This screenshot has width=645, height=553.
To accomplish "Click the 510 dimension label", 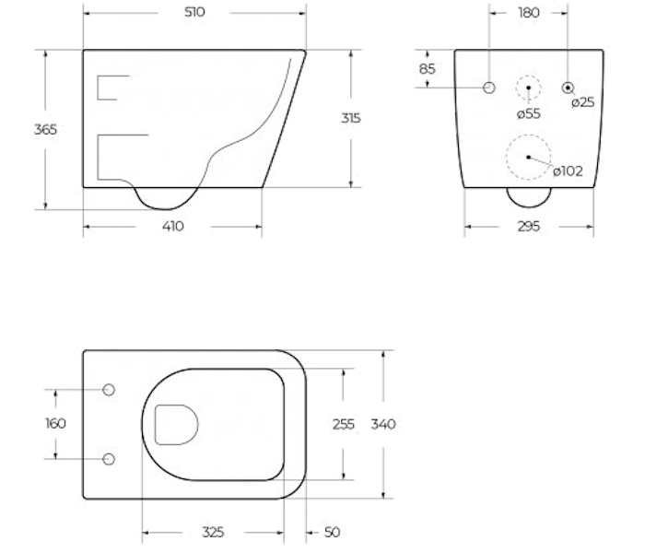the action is coord(194,12).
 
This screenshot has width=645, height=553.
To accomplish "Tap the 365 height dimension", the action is coord(45,130).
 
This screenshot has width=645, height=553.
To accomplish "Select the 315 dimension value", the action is coord(350,118).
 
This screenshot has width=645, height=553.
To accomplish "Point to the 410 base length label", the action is coord(173,227).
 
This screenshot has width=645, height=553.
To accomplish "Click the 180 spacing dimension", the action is coord(529,13).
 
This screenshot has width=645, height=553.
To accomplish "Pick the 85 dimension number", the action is coord(427,69).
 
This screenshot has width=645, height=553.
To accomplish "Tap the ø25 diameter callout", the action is coord(583,102).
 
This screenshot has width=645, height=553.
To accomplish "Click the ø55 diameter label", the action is coord(529,113).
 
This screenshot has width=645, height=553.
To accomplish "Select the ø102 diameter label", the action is coord(568,171).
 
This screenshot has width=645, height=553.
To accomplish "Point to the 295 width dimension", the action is coord(529,227).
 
